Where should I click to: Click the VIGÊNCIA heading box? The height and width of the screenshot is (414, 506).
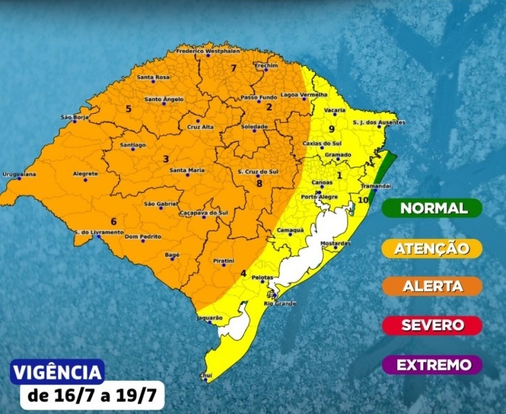pyautogui.click(x=57, y=371)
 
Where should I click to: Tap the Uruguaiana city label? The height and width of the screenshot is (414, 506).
pyautogui.click(x=19, y=174)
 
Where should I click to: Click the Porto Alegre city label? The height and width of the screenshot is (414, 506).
pyautogui.click(x=318, y=197)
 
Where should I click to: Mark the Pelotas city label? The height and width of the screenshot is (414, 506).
pyautogui.click(x=262, y=278)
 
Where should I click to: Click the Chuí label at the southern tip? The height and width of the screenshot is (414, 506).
pyautogui.click(x=206, y=374)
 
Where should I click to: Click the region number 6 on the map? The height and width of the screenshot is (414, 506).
pyautogui.click(x=114, y=222)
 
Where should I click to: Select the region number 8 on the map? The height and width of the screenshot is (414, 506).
pyautogui.click(x=259, y=184)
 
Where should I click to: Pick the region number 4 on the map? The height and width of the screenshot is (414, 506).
pyautogui.click(x=243, y=273)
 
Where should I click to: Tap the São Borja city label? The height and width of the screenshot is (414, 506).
pyautogui.click(x=73, y=117)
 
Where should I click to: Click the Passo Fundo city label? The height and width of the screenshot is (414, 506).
pyautogui.click(x=259, y=98)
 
